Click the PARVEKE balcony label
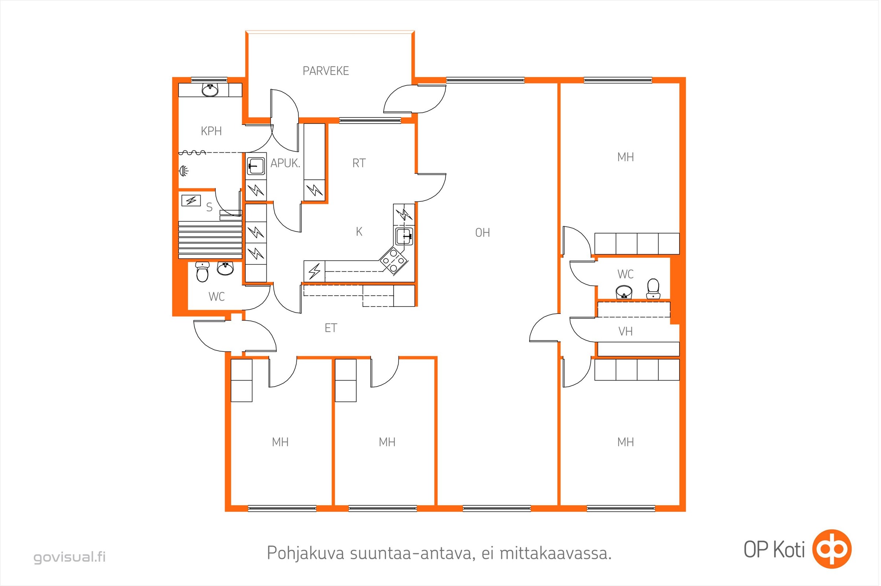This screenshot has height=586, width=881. pyautogui.click(x=326, y=71)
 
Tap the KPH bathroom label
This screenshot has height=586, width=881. pyautogui.click(x=211, y=131)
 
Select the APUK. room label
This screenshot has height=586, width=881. pyautogui.click(x=285, y=163)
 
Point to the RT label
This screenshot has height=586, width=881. pyautogui.click(x=359, y=163)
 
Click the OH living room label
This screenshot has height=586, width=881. pyautogui.click(x=482, y=233)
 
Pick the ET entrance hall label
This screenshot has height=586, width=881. pyautogui.click(x=331, y=328)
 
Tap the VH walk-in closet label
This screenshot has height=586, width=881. pyautogui.click(x=625, y=331)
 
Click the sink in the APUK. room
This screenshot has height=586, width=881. pyautogui.click(x=256, y=166)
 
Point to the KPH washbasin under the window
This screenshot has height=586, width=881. pyautogui.click(x=210, y=90)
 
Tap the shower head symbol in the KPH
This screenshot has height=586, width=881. pyautogui.click(x=184, y=171)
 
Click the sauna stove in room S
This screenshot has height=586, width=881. pyautogui.click(x=191, y=201)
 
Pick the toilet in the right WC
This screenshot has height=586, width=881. pyautogui.click(x=653, y=289)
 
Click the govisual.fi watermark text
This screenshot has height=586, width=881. pyautogui.click(x=70, y=557)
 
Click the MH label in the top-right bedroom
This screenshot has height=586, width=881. pyautogui.click(x=625, y=157)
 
